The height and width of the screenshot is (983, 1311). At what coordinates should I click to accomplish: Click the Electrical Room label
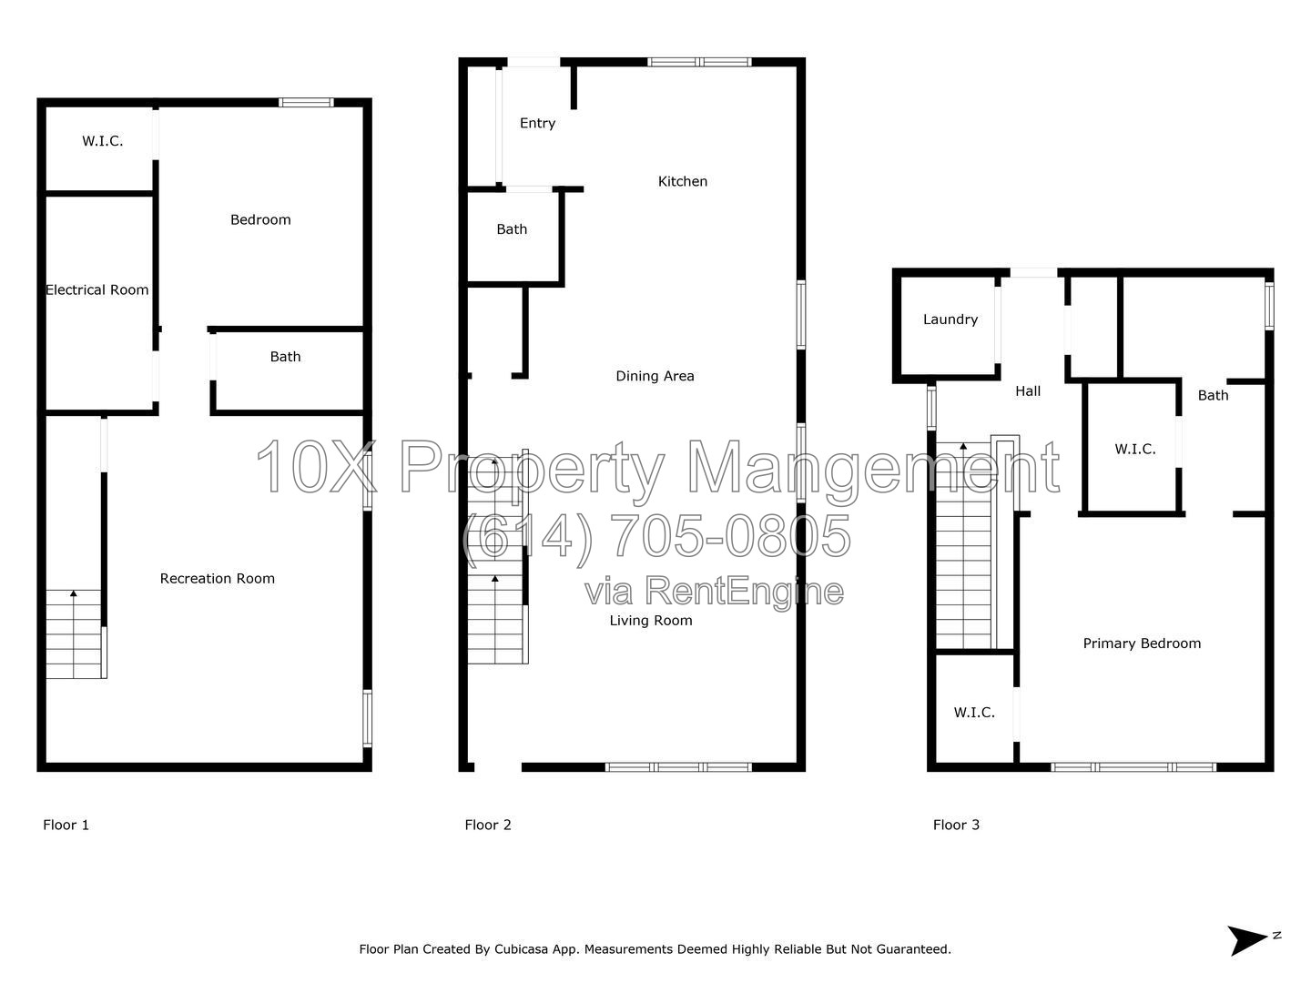click(97, 290)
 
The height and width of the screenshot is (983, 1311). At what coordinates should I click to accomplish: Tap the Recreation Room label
click(218, 578)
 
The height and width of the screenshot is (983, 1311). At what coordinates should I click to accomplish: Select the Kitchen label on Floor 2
click(683, 181)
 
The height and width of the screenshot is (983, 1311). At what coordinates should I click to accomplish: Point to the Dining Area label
click(655, 376)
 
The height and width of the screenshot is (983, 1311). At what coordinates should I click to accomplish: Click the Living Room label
click(651, 621)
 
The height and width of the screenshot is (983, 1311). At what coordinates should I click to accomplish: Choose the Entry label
click(537, 124)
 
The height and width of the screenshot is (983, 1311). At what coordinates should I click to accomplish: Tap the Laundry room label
click(950, 319)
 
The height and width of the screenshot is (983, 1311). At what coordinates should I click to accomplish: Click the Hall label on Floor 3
click(1028, 391)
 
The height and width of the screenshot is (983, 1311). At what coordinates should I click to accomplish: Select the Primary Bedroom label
click(1142, 644)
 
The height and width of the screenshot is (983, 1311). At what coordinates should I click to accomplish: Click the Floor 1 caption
click(66, 825)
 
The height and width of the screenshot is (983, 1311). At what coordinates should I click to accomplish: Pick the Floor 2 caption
click(488, 825)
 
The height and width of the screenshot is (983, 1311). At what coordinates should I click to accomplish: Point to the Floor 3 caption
click(956, 825)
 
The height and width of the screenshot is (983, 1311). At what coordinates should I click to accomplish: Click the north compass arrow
click(1247, 940)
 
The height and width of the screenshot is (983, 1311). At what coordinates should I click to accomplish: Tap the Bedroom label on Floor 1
click(260, 219)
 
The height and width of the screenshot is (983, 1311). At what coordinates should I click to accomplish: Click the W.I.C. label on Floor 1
click(103, 141)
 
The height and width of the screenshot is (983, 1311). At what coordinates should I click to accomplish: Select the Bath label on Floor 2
click(512, 229)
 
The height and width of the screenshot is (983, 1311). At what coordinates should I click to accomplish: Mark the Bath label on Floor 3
click(1213, 396)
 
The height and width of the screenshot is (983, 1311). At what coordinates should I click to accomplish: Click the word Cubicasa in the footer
click(521, 949)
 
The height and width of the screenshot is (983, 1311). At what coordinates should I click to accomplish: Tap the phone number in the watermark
click(657, 536)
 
